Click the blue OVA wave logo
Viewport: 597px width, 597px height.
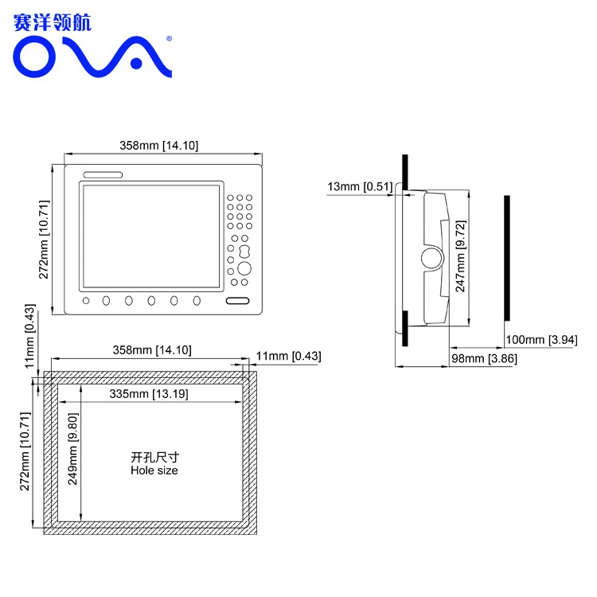[92, 57]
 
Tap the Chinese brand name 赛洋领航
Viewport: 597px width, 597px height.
[53, 21]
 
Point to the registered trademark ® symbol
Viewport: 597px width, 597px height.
[168, 37]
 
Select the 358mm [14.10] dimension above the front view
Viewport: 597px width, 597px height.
[159, 145]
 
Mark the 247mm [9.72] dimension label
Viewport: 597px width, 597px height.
[460, 257]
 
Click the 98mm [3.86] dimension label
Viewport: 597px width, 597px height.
[484, 360]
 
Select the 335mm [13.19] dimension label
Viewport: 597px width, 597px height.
[143, 395]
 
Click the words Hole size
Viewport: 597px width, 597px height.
[154, 470]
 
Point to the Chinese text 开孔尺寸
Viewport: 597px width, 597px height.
[154, 458]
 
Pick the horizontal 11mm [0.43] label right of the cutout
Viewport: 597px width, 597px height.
[288, 357]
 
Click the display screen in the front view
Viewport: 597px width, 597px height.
[150, 236]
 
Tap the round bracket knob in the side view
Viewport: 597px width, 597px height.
[431, 258]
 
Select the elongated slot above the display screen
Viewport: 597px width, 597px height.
[101, 176]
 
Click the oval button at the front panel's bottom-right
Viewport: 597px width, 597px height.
[237, 301]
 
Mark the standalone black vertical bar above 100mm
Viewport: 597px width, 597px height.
[506, 258]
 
